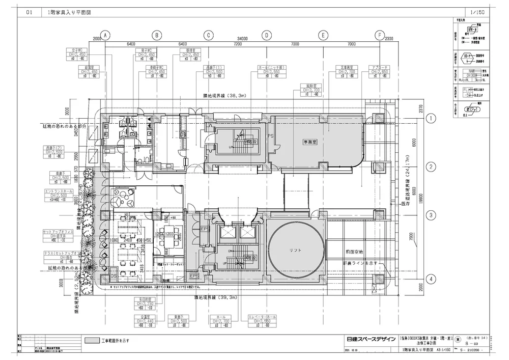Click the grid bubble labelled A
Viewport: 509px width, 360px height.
pos(105,36)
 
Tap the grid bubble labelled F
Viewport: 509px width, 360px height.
pos(379,36)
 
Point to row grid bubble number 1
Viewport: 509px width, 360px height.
pos(431,119)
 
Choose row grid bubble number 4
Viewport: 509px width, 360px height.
pos(431,279)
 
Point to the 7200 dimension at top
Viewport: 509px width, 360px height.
pos(237,45)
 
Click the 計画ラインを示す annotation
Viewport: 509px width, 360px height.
pos(361,263)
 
